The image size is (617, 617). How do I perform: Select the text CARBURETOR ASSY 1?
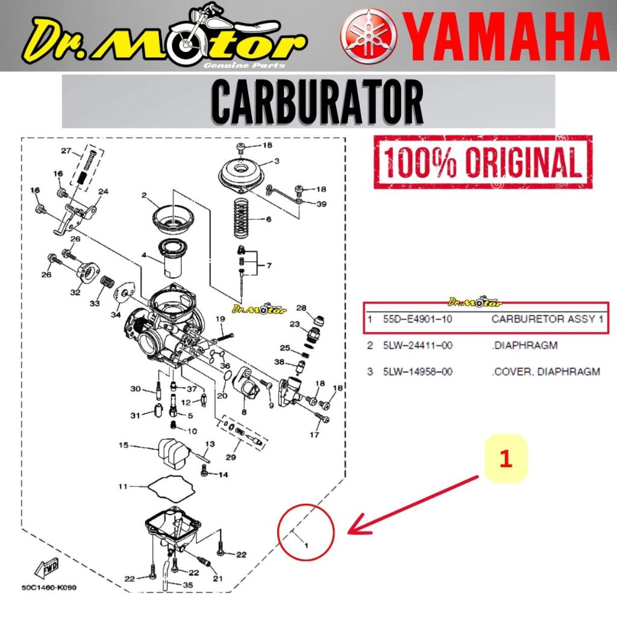[547, 319]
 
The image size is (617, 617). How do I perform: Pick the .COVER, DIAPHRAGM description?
[545, 372]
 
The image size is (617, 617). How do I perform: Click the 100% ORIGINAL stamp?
[483, 161]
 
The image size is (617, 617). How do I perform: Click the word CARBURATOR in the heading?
[318, 101]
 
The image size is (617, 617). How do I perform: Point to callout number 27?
[66, 151]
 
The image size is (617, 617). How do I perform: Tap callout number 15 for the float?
[123, 446]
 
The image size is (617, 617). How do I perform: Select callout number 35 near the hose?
[188, 584]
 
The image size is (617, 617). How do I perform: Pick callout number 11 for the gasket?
[123, 486]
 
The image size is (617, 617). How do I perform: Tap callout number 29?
[230, 457]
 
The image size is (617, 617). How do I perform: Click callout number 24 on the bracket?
[103, 192]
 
